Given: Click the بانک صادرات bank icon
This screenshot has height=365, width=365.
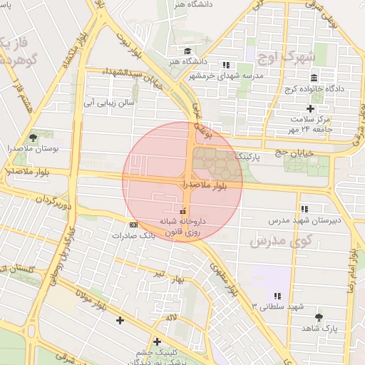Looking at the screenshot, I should (x=133, y=225).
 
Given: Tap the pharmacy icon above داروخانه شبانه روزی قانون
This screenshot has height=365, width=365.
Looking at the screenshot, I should (x=183, y=211).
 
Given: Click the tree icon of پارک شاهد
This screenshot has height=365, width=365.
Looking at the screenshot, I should (x=318, y=317).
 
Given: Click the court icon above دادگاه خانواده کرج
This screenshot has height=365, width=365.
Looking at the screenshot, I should (x=314, y=78).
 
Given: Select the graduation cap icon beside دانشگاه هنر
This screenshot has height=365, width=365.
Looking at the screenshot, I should (x=187, y=51).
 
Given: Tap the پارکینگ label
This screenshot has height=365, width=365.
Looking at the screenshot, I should (x=250, y=155).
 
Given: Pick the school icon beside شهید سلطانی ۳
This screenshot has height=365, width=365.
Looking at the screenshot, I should (x=277, y=295).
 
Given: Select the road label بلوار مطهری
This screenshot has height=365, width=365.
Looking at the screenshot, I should (x=223, y=276).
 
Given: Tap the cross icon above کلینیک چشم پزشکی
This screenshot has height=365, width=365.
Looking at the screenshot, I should (x=157, y=341).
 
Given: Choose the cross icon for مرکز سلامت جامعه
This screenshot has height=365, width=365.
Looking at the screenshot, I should (x=310, y=108).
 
